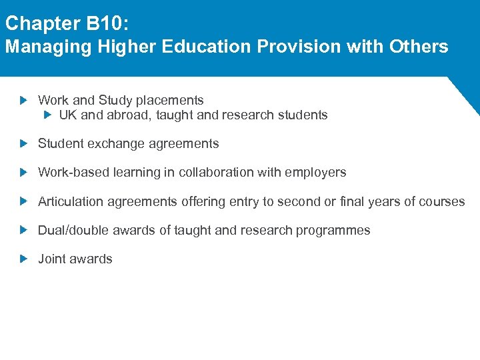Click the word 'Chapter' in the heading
coord(42,24)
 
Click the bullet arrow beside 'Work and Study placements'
coord(24,101)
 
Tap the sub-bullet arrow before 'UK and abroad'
coord(47,115)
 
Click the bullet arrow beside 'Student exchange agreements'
coord(24,143)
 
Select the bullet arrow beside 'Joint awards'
coord(24,259)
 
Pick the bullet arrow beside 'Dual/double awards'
coord(24,230)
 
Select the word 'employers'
coord(315,172)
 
